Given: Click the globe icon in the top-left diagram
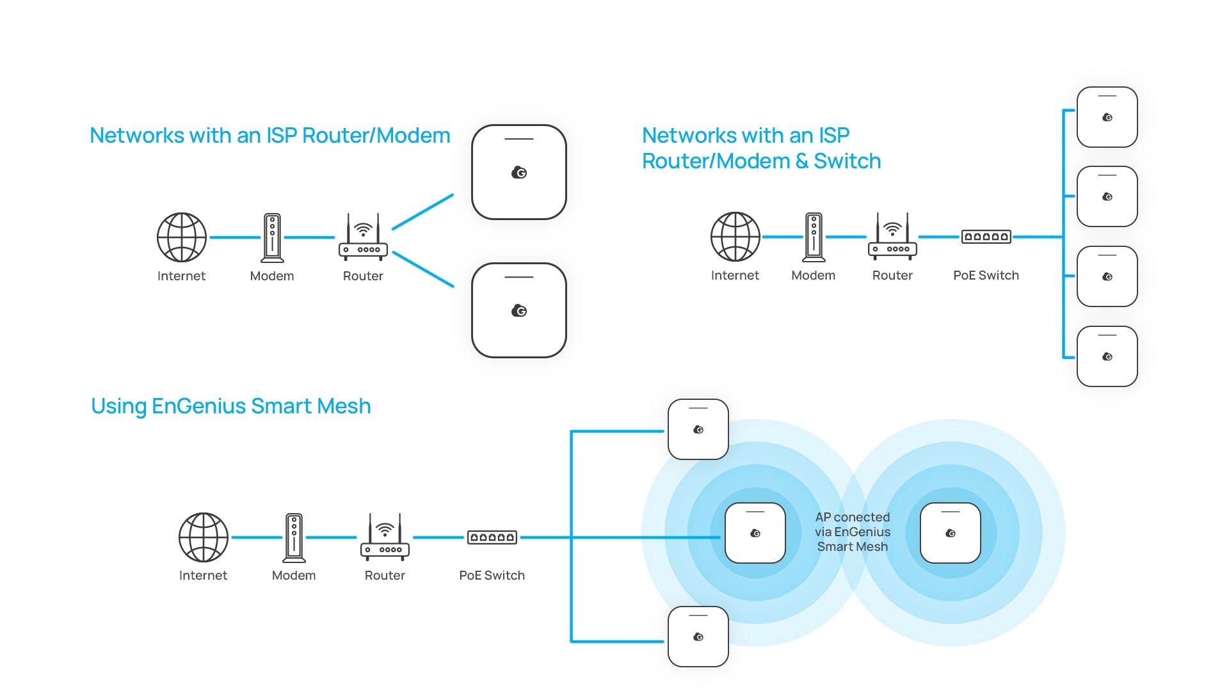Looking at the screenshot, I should pos(182,237).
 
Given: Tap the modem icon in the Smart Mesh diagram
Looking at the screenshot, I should pos(294,537).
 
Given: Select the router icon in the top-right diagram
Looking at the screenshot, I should pos(892,237).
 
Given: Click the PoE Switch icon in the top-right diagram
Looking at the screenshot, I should pos(986,237).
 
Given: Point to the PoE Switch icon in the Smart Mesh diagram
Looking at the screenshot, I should pos(492,537).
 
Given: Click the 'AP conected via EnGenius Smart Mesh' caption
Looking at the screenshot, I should pos(853,532).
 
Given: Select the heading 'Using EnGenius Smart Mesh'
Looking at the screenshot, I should pos(231,406).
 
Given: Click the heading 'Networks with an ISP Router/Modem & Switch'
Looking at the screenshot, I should pos(761,148).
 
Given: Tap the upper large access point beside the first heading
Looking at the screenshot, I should pos(519,172).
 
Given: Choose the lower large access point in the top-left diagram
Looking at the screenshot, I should pos(519,310).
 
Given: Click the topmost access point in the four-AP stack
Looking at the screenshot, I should pos(1107,117).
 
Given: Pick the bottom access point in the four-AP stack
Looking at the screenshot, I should pos(1107,356).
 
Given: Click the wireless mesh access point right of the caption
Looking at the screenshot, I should pos(951,533).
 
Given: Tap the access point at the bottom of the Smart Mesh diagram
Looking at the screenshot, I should pos(698,637).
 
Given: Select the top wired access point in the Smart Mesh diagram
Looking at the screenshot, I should pos(698,429).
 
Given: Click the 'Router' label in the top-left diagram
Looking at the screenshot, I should pos(363,276).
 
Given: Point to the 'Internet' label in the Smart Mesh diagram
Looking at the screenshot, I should pos(203,575).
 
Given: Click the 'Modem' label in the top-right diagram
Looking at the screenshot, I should pos(813,275).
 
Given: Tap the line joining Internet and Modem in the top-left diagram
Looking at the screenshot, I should pos(235,237).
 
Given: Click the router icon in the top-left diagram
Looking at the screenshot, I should pos(363,237).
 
